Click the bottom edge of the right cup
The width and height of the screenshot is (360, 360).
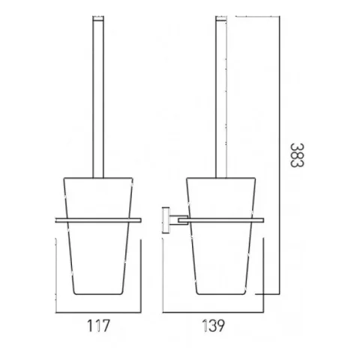click(x=222, y=293)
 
